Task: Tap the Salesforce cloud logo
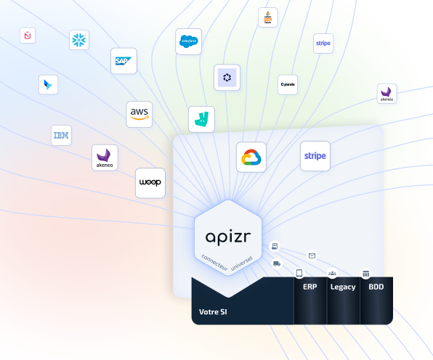pyautogui.click(x=188, y=41)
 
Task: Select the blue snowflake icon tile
pyautogui.click(x=78, y=40)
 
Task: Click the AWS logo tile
pyautogui.click(x=139, y=113)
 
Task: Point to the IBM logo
pyautogui.click(x=61, y=135)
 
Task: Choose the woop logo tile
pyautogui.click(x=150, y=183)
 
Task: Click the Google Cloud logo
pyautogui.click(x=251, y=157)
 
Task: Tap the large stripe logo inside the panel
pyautogui.click(x=315, y=156)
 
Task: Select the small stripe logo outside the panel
pyautogui.click(x=323, y=43)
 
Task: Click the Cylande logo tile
pyautogui.click(x=288, y=84)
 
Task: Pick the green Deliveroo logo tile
pyautogui.click(x=201, y=119)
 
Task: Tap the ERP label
pyautogui.click(x=310, y=287)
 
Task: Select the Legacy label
pyautogui.click(x=343, y=287)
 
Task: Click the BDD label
pyautogui.click(x=376, y=287)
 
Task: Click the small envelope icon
pyautogui.click(x=312, y=255)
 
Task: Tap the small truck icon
pyautogui.click(x=277, y=263)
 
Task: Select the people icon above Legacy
pyautogui.click(x=332, y=274)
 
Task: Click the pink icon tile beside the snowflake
pyautogui.click(x=28, y=35)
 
